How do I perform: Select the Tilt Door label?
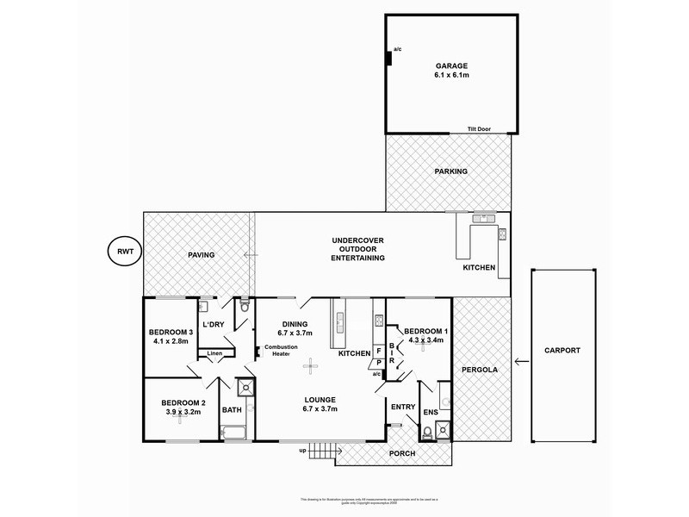[480, 128]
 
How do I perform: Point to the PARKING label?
[450, 171]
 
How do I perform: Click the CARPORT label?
[562, 351]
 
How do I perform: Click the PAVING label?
[201, 255]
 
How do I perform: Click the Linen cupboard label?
[214, 353]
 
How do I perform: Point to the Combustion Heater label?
[282, 350]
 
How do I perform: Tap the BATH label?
[232, 411]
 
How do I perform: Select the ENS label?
[431, 412]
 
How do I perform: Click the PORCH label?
[402, 453]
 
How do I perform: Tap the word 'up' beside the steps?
[302, 451]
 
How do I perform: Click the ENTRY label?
[402, 407]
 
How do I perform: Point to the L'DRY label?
[213, 324]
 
